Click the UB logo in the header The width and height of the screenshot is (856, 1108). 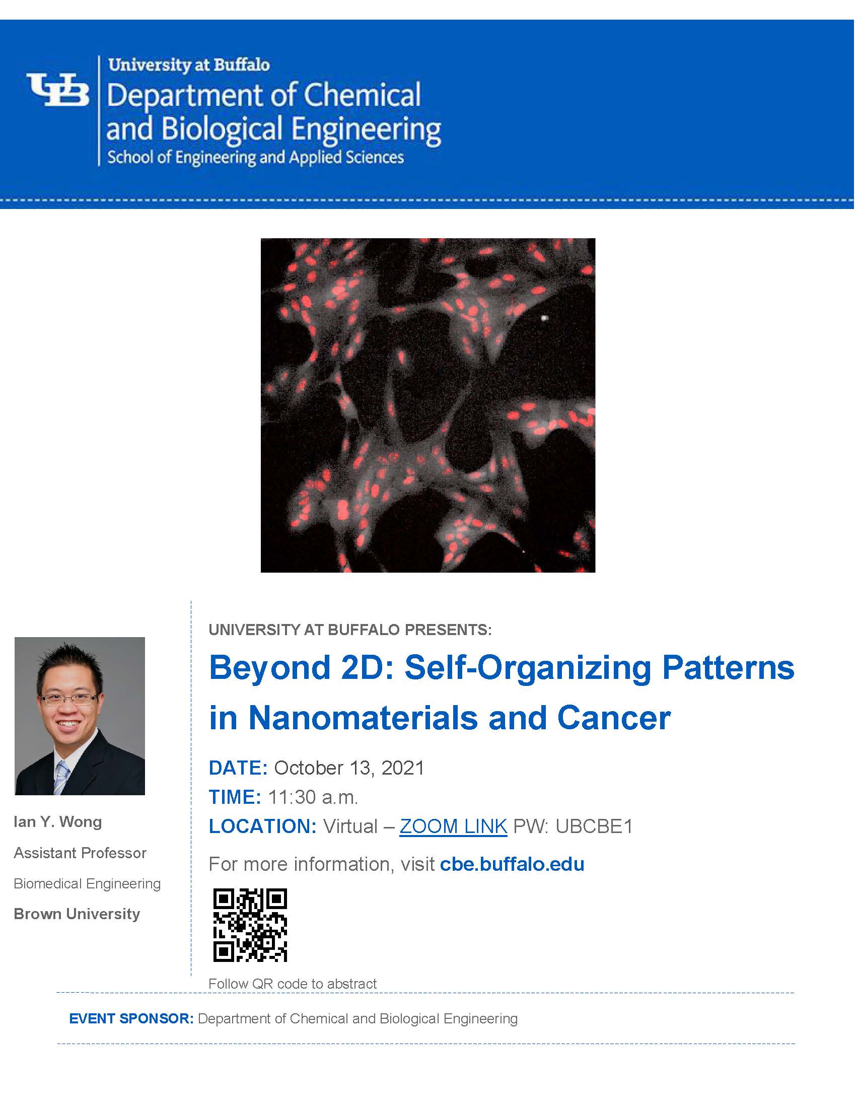coord(58,90)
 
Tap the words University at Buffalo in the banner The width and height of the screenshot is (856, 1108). coord(189,65)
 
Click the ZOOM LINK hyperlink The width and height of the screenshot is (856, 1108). coord(453,826)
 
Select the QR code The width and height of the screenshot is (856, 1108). coord(250,925)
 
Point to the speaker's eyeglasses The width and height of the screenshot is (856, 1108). coord(69,699)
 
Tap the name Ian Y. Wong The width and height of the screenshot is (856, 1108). coord(58,822)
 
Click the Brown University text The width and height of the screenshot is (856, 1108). coord(77,914)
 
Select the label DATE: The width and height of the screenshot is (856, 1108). coord(238,768)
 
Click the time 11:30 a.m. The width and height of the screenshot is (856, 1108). coord(313,798)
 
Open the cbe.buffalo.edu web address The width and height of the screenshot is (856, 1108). coord(512,864)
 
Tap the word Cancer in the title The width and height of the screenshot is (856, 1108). coord(614,718)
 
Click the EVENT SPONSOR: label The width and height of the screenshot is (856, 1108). coord(131,1019)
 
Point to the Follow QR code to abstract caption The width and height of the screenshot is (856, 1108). coord(293,984)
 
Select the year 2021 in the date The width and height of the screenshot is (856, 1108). coord(403,768)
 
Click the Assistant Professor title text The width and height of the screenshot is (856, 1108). coord(80,853)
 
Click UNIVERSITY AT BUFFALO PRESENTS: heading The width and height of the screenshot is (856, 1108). coord(350,630)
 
